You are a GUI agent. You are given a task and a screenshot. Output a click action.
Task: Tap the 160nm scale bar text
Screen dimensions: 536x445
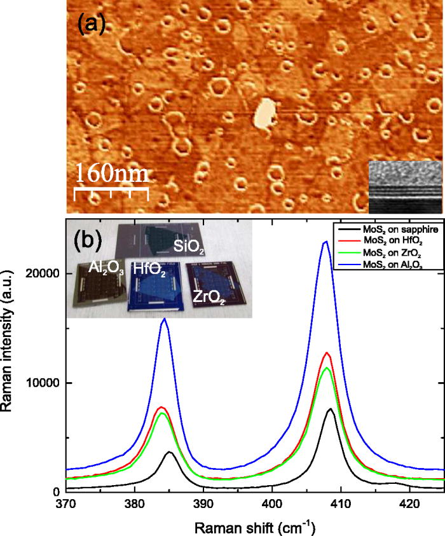[112, 173]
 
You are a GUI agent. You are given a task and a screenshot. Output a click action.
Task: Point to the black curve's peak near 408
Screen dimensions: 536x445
[330, 409]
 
